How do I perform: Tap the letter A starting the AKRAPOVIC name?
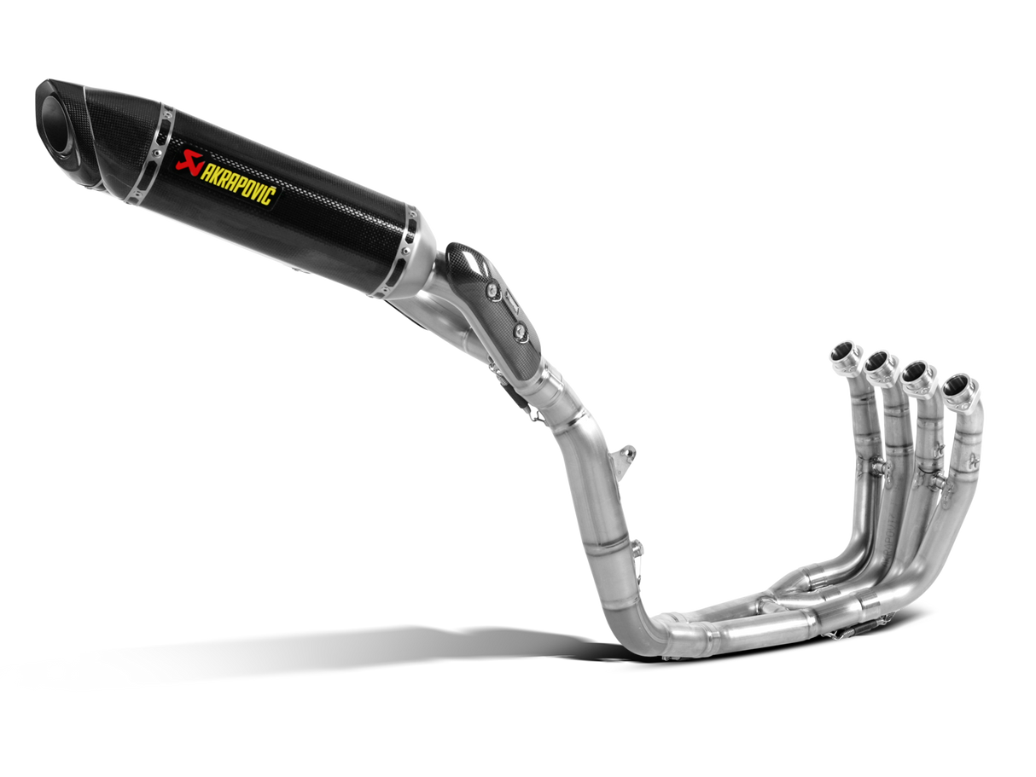coord(205,166)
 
